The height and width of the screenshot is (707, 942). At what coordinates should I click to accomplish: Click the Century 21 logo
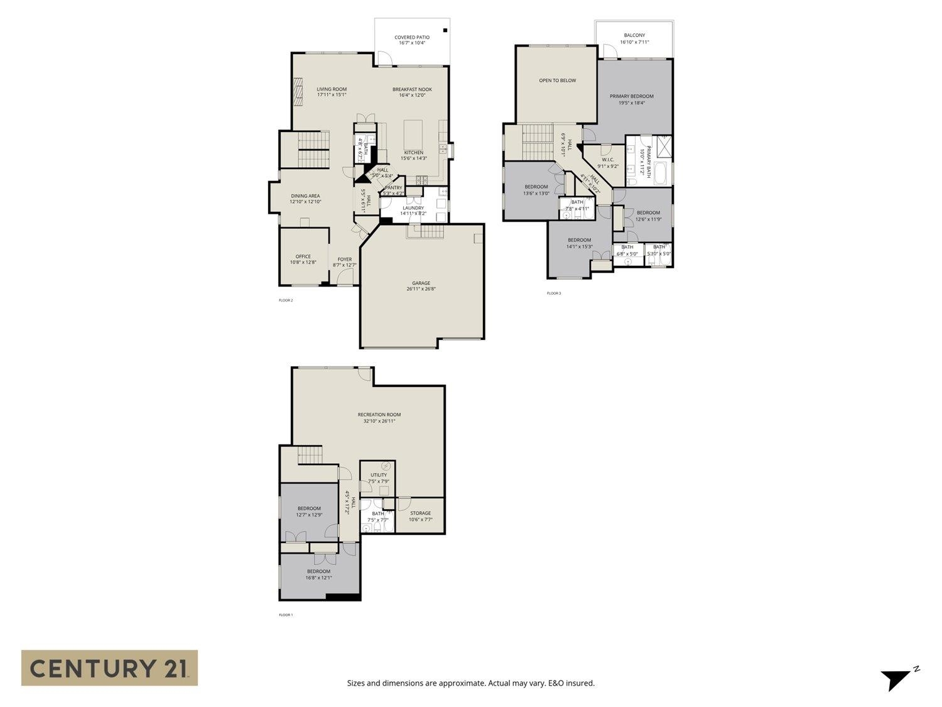click(x=109, y=667)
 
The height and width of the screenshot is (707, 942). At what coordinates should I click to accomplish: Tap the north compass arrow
click(x=895, y=679)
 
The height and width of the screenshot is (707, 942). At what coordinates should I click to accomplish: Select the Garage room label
click(x=421, y=283)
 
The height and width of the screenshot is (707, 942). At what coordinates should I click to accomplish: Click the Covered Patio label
click(x=412, y=38)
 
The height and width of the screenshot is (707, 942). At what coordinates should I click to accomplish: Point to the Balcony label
click(x=634, y=35)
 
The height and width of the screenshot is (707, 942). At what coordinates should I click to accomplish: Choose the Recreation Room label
click(x=379, y=415)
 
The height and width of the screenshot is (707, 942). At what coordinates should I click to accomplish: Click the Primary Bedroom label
click(x=631, y=96)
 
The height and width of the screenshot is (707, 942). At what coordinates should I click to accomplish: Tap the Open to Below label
click(x=557, y=80)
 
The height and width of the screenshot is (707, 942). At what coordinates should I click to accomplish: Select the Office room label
click(x=303, y=256)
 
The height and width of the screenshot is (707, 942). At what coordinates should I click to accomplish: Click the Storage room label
click(x=420, y=513)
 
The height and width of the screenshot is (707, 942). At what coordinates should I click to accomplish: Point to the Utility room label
click(x=379, y=475)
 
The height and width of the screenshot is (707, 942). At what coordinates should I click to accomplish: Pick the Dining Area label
click(x=305, y=196)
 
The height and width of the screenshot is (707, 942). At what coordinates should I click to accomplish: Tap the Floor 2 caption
click(x=286, y=300)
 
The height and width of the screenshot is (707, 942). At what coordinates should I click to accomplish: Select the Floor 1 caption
click(x=286, y=615)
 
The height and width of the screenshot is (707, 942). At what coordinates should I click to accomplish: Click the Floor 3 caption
click(x=553, y=293)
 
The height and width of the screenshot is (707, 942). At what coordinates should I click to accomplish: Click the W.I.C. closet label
click(x=608, y=160)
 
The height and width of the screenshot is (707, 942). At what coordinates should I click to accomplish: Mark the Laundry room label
click(x=413, y=208)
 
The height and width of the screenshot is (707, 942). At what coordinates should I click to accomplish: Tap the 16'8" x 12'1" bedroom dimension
click(x=318, y=578)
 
